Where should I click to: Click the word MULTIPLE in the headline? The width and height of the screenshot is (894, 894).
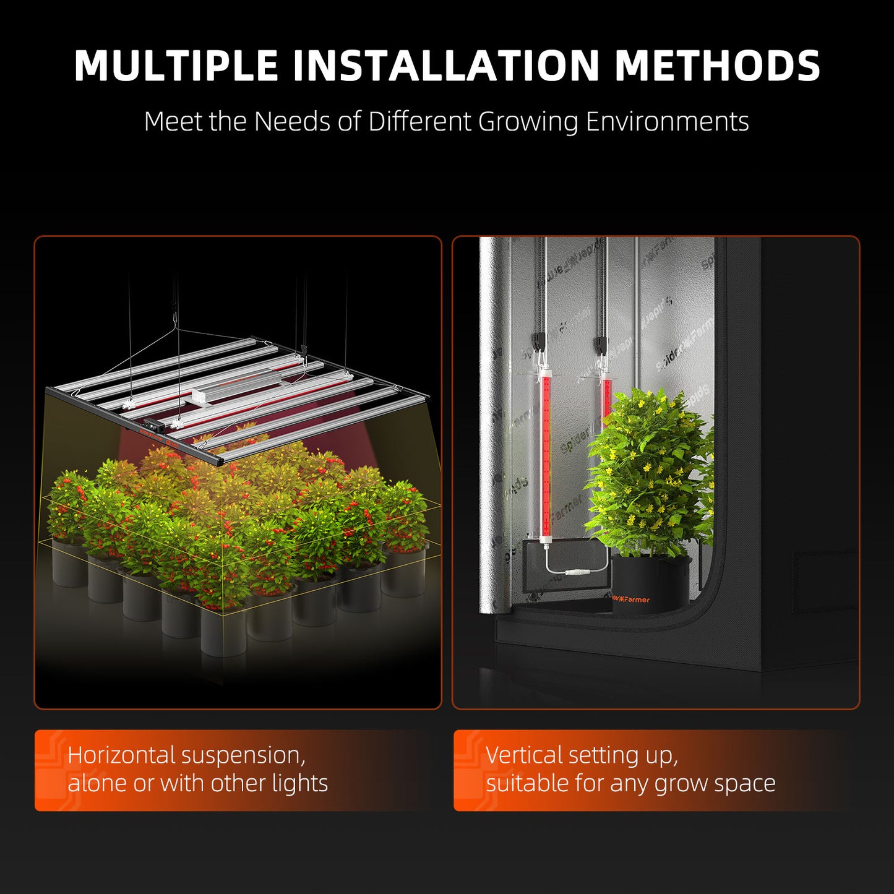click(x=176, y=66)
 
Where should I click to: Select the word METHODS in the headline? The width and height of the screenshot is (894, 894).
click(x=717, y=66)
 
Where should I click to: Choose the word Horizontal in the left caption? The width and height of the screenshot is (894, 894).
click(x=122, y=755)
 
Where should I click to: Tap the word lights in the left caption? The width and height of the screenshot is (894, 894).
click(x=300, y=784)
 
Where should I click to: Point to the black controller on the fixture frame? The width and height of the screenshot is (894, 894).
click(x=151, y=426)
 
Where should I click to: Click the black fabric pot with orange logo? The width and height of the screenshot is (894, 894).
click(x=650, y=585)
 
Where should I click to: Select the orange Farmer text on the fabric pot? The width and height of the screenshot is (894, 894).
click(x=637, y=599)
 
